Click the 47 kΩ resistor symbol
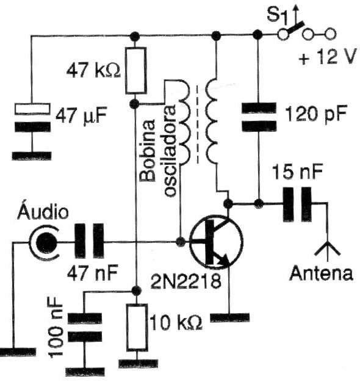(135, 71)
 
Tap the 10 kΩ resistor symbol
(136, 327)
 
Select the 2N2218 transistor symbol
(216, 242)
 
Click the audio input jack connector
(45, 242)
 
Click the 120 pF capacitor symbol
(259, 117)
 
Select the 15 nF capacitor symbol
(297, 204)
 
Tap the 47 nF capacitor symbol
(90, 241)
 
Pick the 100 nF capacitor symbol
(85, 327)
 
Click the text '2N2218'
(185, 281)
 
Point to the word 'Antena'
(321, 273)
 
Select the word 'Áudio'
(43, 211)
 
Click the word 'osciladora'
(170, 151)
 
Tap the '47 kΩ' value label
(93, 71)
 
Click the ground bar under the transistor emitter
(229, 318)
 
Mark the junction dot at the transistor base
(180, 241)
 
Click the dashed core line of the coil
(198, 125)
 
